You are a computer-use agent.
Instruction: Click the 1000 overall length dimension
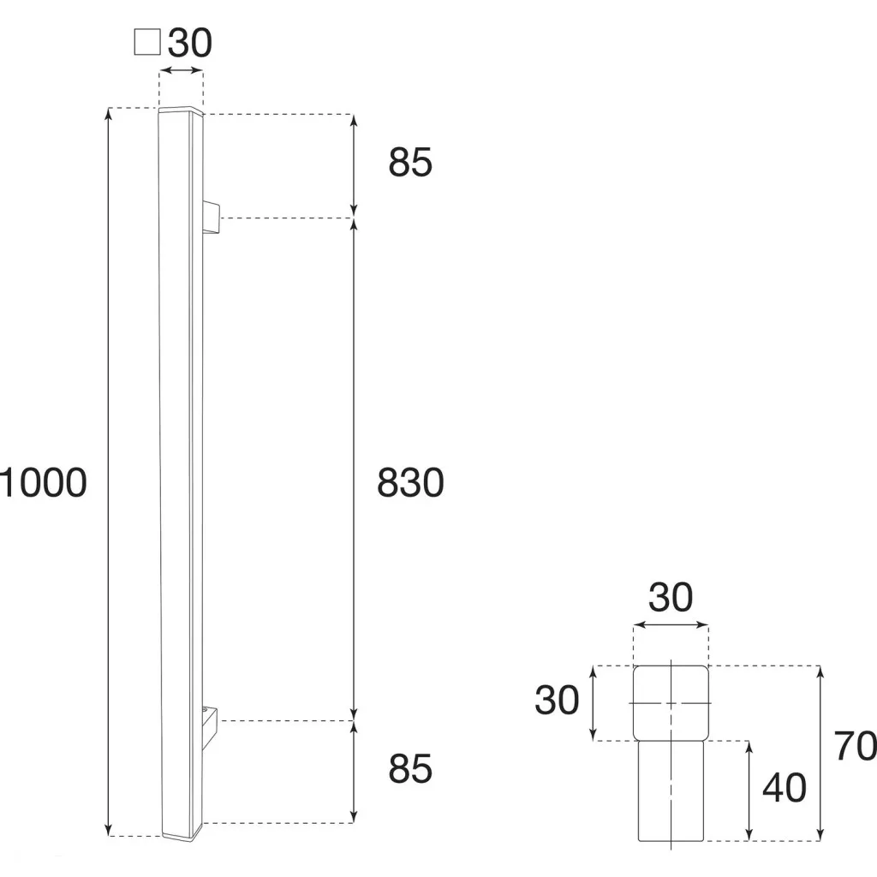pos(44,483)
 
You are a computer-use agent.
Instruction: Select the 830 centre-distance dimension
pos(410,483)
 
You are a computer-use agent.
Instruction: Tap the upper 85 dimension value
pos(410,163)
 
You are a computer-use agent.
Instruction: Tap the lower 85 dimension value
pos(410,768)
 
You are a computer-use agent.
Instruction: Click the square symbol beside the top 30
pos(147,43)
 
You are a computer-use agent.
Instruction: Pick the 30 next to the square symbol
pos(190,43)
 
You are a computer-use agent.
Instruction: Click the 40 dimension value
pos(785,788)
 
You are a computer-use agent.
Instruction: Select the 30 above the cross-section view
pos(671,597)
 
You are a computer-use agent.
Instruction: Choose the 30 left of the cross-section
pos(557,700)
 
